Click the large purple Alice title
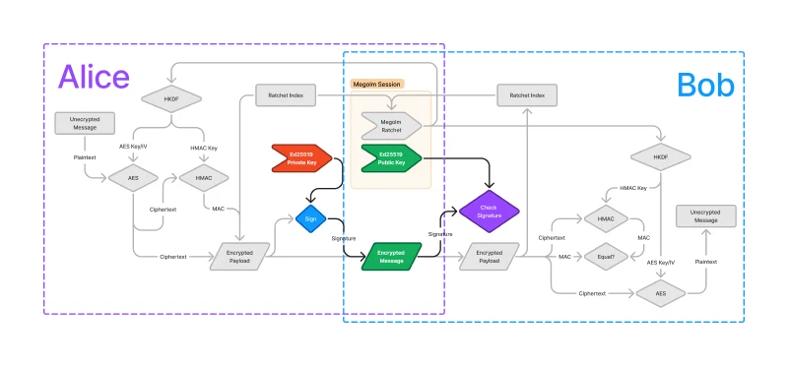[x=94, y=77]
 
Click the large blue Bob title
[x=705, y=86]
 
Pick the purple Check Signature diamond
[x=489, y=212]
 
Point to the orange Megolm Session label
[x=385, y=84]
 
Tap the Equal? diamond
[x=606, y=257]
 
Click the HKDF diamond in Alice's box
[x=170, y=98]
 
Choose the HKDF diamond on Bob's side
[x=660, y=156]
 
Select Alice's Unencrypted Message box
[x=84, y=123]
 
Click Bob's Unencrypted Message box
[x=704, y=216]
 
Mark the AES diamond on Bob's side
[x=660, y=292]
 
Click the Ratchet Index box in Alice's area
[x=286, y=95]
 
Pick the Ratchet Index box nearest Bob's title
[x=527, y=95]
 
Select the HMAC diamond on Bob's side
[x=606, y=218]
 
